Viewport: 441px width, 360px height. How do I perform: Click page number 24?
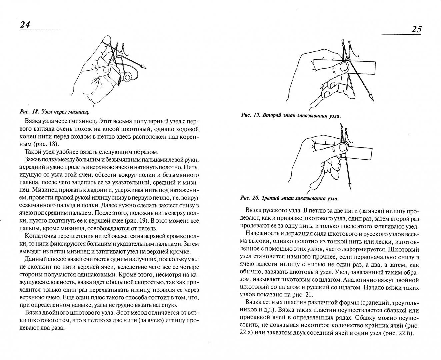click(25, 25)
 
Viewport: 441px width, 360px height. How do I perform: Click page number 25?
click(417, 29)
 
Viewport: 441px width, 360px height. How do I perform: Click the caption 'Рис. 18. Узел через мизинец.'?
click(55, 112)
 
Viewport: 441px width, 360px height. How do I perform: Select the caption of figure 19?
click(291, 115)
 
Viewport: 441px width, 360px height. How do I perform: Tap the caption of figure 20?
click(289, 198)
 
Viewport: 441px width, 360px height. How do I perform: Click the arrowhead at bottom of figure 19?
click(371, 97)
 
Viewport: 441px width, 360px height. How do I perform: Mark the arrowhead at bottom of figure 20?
click(350, 186)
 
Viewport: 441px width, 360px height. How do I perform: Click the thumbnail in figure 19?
click(344, 67)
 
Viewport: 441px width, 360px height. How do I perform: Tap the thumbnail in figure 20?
click(343, 148)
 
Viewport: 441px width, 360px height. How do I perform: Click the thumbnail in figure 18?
click(107, 69)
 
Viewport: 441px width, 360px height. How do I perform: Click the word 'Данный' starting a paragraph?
click(35, 259)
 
